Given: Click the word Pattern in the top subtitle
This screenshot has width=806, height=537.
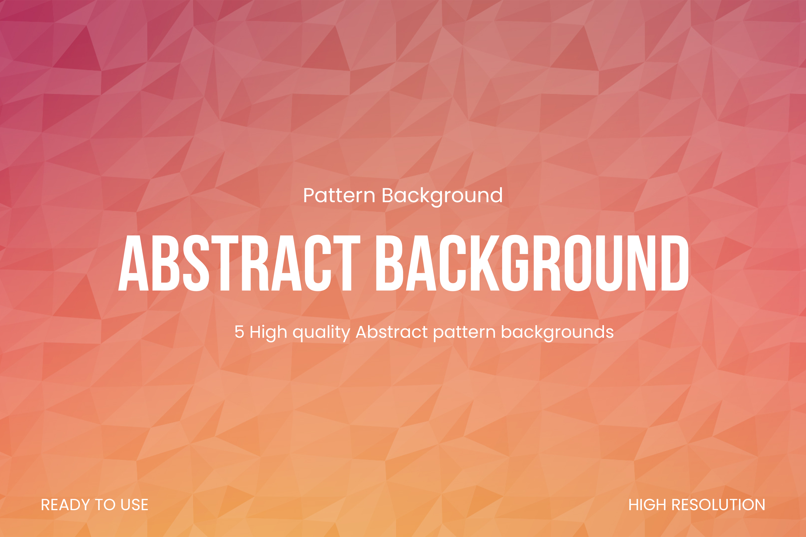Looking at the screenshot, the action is [x=339, y=195].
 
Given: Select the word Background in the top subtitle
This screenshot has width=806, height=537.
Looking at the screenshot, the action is [x=442, y=197].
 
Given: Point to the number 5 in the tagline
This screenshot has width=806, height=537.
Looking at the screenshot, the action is [x=239, y=332].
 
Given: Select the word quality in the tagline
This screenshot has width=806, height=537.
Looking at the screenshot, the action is [x=321, y=333].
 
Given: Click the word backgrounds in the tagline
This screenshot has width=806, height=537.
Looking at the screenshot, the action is [x=557, y=333].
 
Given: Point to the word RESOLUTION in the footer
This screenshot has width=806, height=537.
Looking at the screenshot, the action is [x=718, y=505].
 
